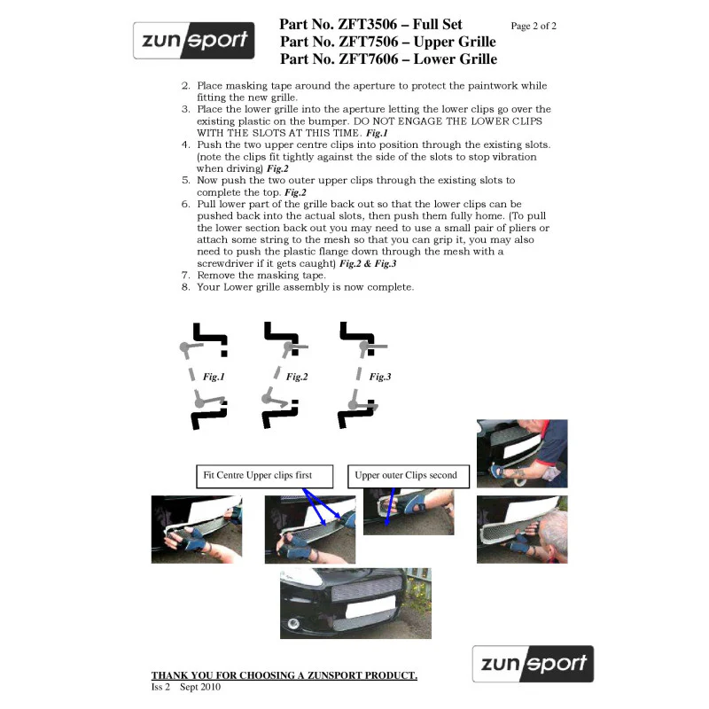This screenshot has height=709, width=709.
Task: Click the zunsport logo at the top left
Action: [193, 40]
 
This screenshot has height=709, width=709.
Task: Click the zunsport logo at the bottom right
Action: [533, 663]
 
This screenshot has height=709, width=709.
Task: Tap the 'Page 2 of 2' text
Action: [534, 27]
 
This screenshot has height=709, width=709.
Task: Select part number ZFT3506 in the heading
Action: [368, 24]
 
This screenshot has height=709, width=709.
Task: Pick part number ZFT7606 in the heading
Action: [369, 58]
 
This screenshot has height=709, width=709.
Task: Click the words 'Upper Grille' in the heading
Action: [455, 42]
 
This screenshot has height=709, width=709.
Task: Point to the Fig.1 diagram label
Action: [214, 377]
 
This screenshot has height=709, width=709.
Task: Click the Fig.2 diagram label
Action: [297, 377]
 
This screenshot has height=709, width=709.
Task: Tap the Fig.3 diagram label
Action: [380, 377]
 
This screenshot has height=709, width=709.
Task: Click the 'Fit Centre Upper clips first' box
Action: [264, 476]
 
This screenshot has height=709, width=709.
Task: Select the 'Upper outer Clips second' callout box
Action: [409, 476]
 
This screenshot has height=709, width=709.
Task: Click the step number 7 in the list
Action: [185, 276]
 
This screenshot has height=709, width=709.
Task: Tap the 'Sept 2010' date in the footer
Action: [200, 687]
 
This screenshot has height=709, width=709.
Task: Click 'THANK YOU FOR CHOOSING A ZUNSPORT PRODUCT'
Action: [284, 675]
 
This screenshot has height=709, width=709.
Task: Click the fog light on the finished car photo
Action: [293, 624]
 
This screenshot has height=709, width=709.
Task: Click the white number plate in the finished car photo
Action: [370, 607]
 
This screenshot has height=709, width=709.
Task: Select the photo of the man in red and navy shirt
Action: [522, 454]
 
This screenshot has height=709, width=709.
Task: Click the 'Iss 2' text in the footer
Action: [160, 687]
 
